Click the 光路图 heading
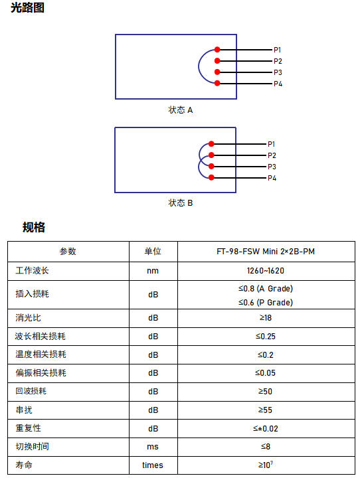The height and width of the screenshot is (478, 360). click(27, 7)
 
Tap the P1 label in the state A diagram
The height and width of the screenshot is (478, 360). click(277, 50)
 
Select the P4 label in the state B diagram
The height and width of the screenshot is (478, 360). click(272, 178)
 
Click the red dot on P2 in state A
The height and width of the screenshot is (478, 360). click(217, 60)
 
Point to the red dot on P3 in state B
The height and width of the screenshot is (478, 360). click(211, 167)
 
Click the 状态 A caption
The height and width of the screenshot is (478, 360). click(181, 110)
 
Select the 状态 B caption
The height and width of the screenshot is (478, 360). click(181, 202)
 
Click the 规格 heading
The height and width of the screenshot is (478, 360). click(34, 227)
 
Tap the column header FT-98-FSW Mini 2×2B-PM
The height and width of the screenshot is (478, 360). click(266, 251)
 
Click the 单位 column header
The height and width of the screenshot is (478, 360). click(153, 251)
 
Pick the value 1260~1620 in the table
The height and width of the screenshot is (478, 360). click(266, 271)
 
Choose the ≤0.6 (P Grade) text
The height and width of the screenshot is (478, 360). click(266, 303)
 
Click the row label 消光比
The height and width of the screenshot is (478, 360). click(28, 318)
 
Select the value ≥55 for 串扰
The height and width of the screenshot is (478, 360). click(265, 410)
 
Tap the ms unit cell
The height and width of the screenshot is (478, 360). click(153, 447)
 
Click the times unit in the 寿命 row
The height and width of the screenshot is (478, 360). click(153, 465)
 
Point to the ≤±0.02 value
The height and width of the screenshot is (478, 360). click(266, 429)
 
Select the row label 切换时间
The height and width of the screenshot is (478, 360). click(33, 447)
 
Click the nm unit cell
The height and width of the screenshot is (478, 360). click(153, 271)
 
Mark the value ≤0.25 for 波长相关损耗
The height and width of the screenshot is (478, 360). click(266, 336)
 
